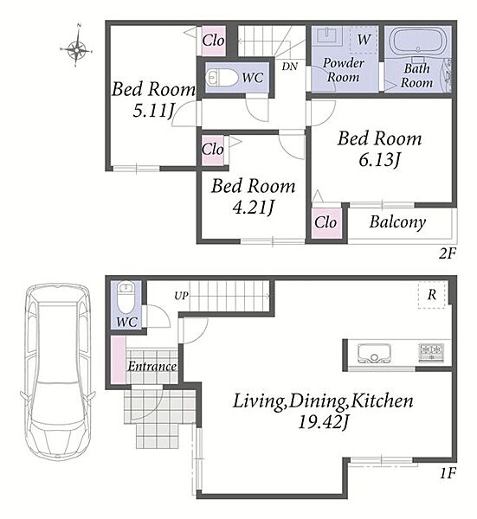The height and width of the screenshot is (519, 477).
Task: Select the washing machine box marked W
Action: [364, 40]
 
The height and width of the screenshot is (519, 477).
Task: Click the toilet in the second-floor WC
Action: [222, 78]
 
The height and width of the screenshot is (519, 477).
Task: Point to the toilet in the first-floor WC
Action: [126, 297]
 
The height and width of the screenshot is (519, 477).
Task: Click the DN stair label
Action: [290, 67]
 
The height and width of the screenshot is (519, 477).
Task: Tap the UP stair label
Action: [182, 296]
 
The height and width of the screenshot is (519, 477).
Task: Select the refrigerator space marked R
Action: [432, 295]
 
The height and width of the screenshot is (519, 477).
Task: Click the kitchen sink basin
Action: [374, 353]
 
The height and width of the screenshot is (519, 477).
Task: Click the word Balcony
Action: [397, 222]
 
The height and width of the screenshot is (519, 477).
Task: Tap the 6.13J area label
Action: [380, 160]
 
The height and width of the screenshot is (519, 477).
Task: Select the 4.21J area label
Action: [254, 208]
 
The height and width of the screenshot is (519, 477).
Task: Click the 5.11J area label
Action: [153, 110]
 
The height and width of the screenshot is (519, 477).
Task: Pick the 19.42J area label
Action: [323, 422]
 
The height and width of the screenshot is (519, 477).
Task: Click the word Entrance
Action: [152, 367]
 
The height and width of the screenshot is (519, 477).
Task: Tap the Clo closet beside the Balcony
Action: [326, 222]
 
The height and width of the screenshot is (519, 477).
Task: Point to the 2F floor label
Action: [448, 253]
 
